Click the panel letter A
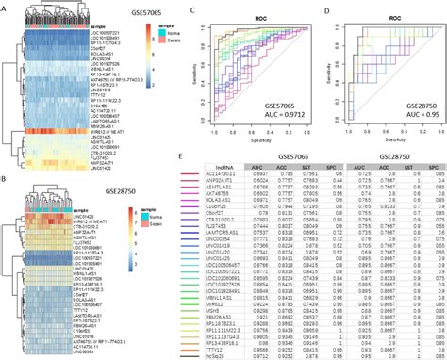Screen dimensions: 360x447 5,5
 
